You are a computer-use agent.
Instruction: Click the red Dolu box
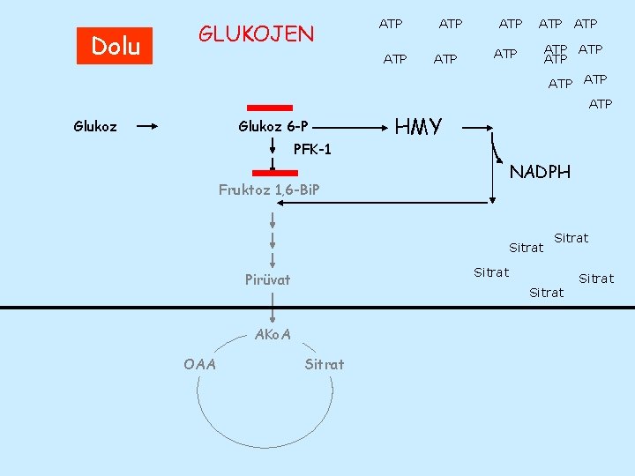[x=115, y=46]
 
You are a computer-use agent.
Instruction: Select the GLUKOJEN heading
[x=256, y=34]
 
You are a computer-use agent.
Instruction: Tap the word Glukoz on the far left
[x=94, y=126]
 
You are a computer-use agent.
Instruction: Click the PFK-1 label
[x=312, y=149]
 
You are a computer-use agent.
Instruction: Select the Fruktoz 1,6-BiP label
[x=269, y=190]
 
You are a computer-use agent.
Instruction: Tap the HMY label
[x=418, y=127]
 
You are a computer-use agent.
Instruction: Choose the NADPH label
[x=540, y=172]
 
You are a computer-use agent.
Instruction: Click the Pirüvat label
[x=267, y=280]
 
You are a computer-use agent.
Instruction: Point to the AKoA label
[x=272, y=334]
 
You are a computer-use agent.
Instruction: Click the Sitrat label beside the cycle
[x=325, y=363]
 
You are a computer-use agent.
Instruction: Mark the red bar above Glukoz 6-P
[x=269, y=108]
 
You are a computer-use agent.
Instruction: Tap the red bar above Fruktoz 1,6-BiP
[x=274, y=173]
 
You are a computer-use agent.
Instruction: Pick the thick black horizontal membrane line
[x=317, y=307]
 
